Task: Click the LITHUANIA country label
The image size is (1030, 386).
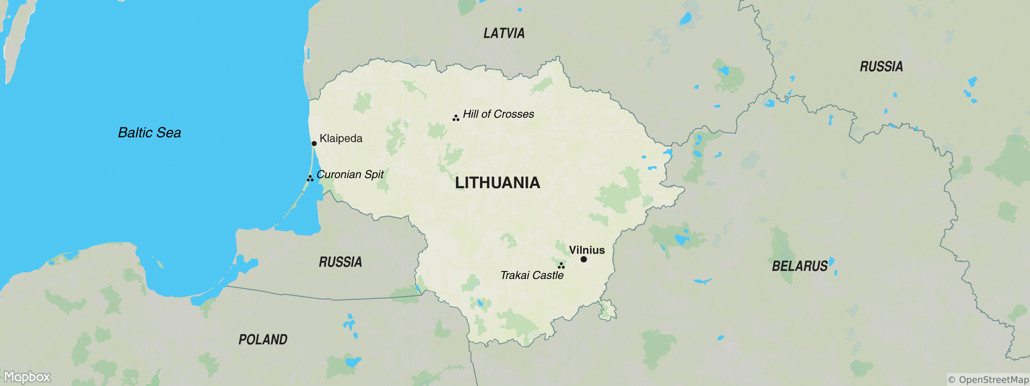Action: point(497,183)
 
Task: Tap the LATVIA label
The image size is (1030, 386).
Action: point(504,33)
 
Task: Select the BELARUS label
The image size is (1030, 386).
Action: point(799,266)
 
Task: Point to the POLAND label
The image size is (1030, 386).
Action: point(263,340)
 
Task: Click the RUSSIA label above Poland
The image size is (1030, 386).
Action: point(340,262)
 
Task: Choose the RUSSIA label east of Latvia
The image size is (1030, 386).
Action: point(881,67)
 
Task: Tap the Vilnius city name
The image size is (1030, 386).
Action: point(586,250)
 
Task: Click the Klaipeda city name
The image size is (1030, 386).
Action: point(341,139)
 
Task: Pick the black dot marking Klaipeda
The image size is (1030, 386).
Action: point(314,143)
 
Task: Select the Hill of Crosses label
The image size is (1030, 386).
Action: point(498,114)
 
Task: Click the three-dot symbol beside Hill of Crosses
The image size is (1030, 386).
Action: point(456,118)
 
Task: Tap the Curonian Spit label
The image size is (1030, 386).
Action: point(350,175)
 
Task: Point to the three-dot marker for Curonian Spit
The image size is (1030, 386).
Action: point(310,178)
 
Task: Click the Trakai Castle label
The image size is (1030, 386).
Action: point(532,275)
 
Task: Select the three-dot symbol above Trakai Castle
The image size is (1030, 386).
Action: point(561,266)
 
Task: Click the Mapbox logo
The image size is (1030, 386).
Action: point(27,377)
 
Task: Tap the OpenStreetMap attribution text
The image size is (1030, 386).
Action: point(988,380)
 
